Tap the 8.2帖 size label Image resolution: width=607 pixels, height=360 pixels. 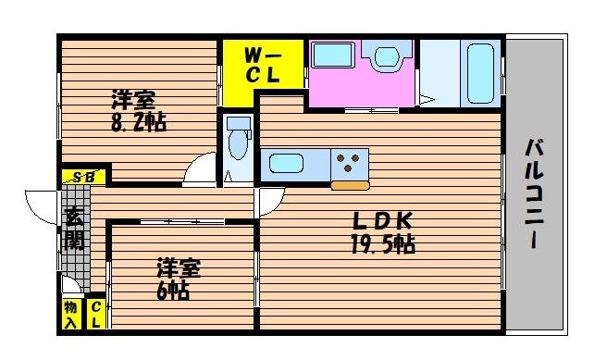(x=139, y=122)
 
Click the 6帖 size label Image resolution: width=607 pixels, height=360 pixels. (x=174, y=291)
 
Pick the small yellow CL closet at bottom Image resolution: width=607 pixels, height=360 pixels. (x=95, y=315)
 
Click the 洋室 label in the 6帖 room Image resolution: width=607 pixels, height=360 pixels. (x=176, y=269)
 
